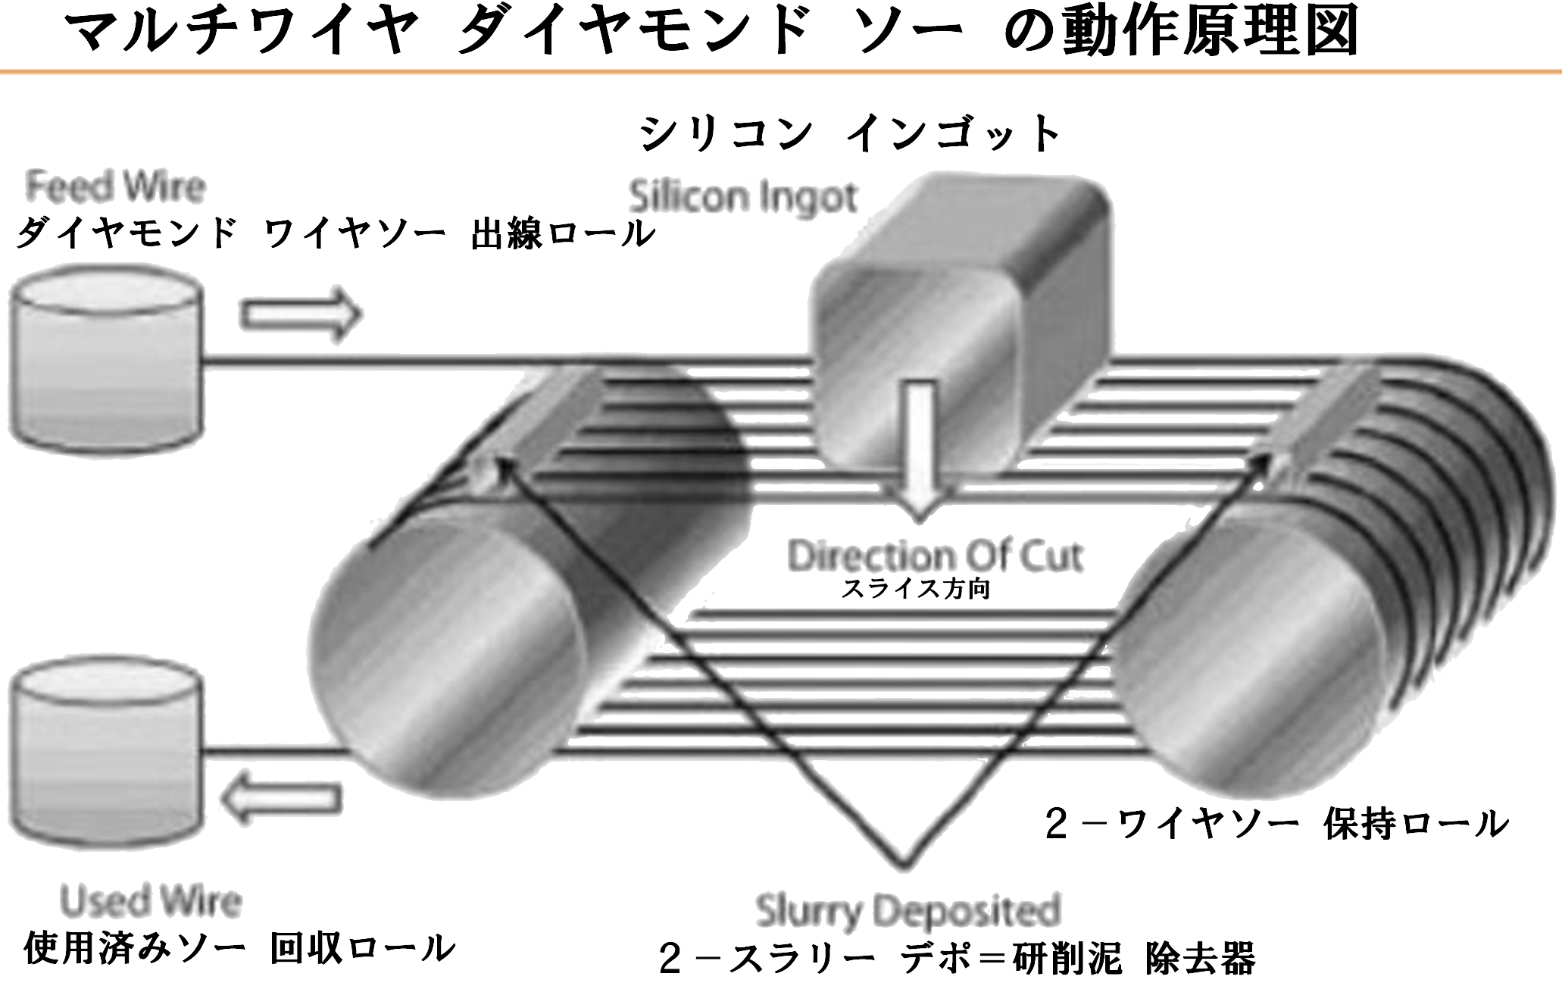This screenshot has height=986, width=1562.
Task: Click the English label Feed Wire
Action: (x=116, y=187)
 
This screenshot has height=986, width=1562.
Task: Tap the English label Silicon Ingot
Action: (x=743, y=197)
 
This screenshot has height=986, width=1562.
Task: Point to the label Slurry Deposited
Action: (x=908, y=910)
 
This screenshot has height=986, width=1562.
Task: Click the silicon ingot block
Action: (x=962, y=318)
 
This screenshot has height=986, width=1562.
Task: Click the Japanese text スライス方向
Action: (x=916, y=589)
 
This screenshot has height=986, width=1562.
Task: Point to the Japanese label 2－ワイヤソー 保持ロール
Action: (x=1276, y=825)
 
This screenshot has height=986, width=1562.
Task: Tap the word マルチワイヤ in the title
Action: (x=242, y=32)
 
